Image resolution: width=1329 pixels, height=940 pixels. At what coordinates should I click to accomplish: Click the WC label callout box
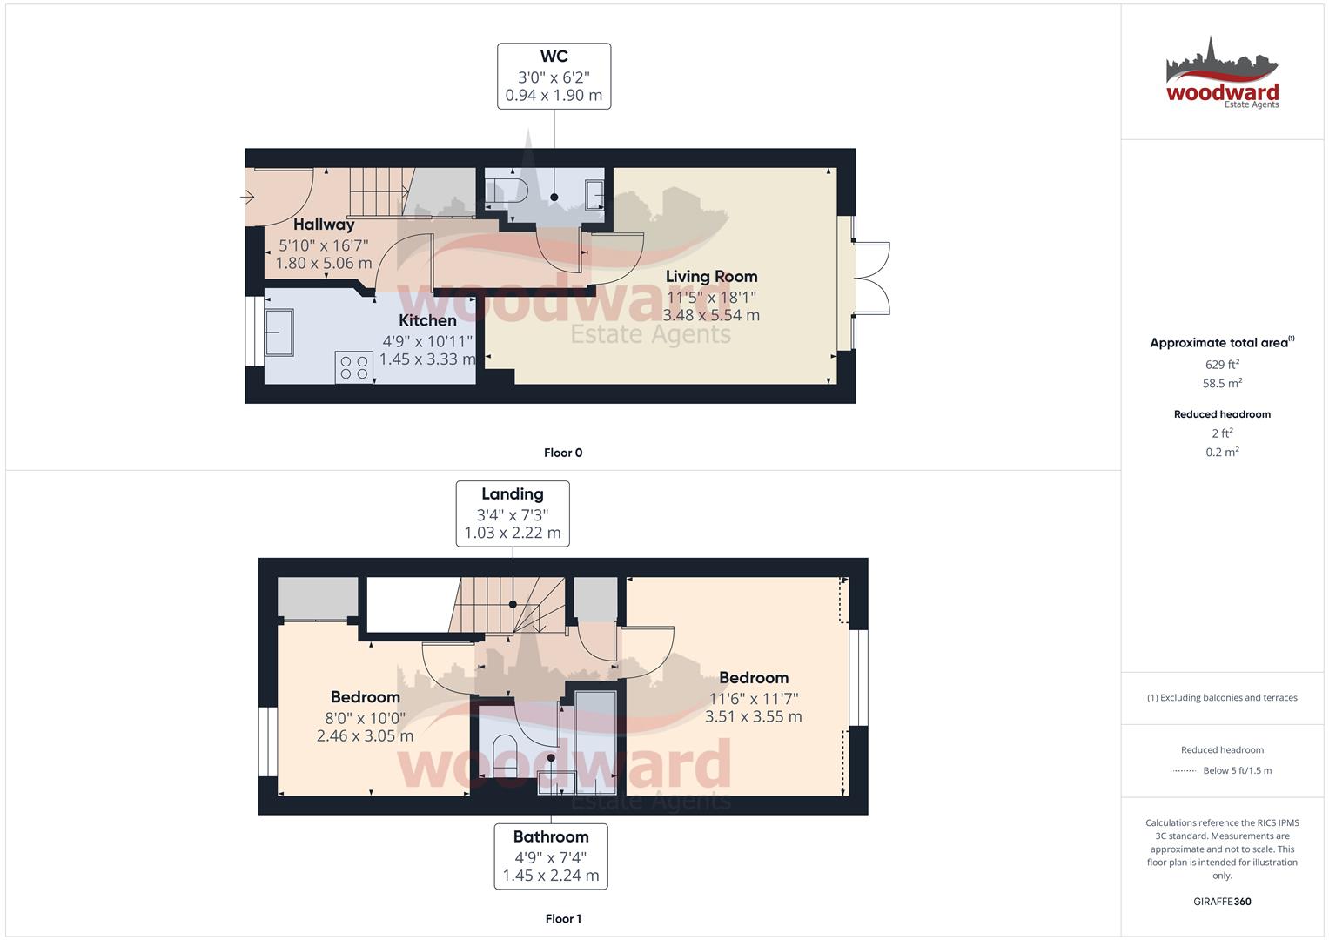click(554, 77)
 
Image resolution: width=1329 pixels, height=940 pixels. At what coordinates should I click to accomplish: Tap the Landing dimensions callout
click(513, 514)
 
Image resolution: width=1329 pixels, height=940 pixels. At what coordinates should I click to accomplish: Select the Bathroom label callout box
click(551, 856)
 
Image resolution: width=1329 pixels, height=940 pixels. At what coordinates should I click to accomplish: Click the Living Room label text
click(711, 277)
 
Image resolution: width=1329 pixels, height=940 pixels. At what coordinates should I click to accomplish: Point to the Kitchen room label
click(427, 320)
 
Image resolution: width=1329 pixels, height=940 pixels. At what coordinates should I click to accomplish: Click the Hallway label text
click(324, 225)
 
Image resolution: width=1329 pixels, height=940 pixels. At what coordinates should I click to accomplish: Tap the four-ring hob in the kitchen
click(354, 366)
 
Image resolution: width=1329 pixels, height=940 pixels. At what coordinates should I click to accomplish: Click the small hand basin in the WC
click(595, 194)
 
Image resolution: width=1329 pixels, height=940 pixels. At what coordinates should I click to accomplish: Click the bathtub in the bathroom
click(596, 742)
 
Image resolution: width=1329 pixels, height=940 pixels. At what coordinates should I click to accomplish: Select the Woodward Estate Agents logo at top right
click(1222, 75)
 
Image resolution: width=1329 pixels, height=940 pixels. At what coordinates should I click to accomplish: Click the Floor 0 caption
click(563, 453)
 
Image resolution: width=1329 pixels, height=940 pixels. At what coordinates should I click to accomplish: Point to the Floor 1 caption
click(563, 918)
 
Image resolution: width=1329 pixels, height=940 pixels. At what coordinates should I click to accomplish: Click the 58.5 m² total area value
click(1222, 383)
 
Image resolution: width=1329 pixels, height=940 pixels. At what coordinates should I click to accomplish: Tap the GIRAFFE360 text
click(1222, 902)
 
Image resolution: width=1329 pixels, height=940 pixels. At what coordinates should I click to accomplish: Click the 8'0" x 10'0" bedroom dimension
click(365, 717)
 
